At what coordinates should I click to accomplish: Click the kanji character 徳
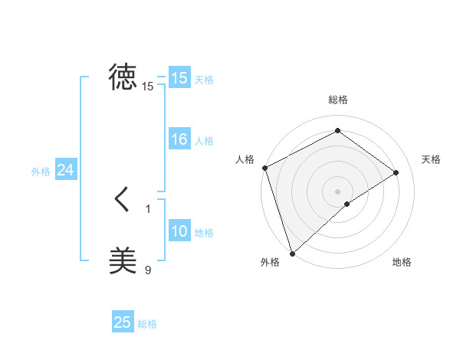(x=123, y=77)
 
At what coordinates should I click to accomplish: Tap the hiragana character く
(x=123, y=200)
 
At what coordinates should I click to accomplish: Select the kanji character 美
(x=123, y=260)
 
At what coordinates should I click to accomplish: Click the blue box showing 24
(x=66, y=171)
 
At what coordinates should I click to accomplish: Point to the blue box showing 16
(x=179, y=139)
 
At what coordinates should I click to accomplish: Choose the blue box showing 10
(x=179, y=231)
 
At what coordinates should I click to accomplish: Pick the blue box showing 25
(x=123, y=322)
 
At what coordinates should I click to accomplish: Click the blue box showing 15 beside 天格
(x=179, y=78)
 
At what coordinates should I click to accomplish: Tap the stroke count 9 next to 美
(x=148, y=270)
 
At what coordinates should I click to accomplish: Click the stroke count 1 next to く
(x=148, y=208)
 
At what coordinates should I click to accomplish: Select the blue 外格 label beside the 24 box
(x=41, y=172)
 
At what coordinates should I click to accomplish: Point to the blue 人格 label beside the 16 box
(x=204, y=141)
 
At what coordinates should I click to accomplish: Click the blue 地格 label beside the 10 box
(x=204, y=233)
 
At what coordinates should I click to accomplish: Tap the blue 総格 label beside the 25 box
(x=147, y=324)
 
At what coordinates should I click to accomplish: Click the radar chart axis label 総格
(x=338, y=100)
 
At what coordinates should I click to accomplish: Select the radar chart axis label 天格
(x=431, y=159)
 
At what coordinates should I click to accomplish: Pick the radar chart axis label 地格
(x=402, y=263)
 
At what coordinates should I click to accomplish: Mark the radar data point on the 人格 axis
(x=264, y=168)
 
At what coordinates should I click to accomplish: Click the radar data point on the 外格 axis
(x=292, y=253)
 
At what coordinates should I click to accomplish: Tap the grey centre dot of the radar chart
(x=337, y=191)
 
